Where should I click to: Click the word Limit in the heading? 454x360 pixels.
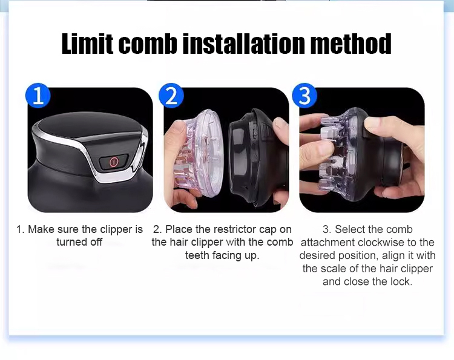click(87, 44)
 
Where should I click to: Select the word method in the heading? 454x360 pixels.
click(351, 44)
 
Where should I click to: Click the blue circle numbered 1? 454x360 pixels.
click(38, 96)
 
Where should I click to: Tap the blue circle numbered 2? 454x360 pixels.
click(171, 96)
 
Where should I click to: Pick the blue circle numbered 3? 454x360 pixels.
click(304, 96)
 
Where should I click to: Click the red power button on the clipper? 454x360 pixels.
click(114, 161)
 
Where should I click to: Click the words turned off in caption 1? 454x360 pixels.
click(79, 242)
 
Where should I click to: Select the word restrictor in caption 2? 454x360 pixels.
click(226, 229)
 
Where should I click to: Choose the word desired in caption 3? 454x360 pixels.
click(317, 255)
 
